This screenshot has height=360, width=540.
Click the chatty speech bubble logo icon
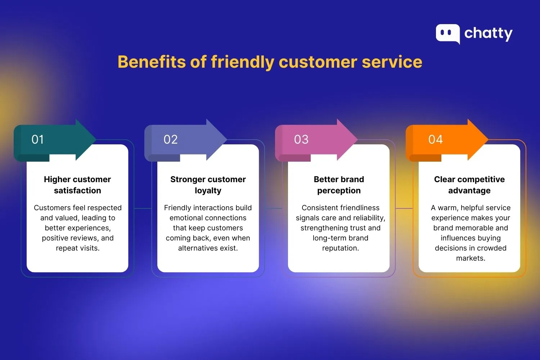tap(447, 33)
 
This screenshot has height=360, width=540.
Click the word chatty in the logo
tap(488, 33)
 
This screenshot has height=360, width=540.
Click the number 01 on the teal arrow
tap(38, 140)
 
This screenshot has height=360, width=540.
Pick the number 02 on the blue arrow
tap(171, 140)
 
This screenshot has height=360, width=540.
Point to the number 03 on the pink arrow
tap(301, 140)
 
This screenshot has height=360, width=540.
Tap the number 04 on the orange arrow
tap(435, 140)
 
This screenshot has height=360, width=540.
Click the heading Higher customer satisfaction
tap(77, 185)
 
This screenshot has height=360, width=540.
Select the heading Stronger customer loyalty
tap(208, 185)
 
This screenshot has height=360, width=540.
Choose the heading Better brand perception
tap(339, 185)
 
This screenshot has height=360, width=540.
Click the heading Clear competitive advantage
tap(469, 185)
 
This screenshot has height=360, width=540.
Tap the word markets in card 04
tap(471, 258)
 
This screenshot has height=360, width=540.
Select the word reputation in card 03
tap(340, 248)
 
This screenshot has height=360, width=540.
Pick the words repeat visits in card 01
tap(77, 248)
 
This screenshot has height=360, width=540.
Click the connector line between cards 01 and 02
tap(143, 208)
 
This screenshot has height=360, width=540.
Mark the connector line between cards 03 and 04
tap(404, 208)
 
